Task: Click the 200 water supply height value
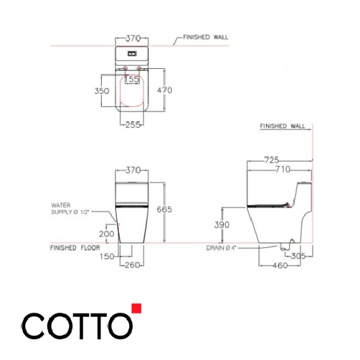click(x=107, y=234)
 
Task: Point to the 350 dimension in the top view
click(x=102, y=91)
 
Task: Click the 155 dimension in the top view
click(x=131, y=80)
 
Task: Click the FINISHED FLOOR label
click(x=74, y=247)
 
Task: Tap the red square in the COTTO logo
click(x=137, y=309)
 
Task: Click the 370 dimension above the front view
click(x=132, y=171)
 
